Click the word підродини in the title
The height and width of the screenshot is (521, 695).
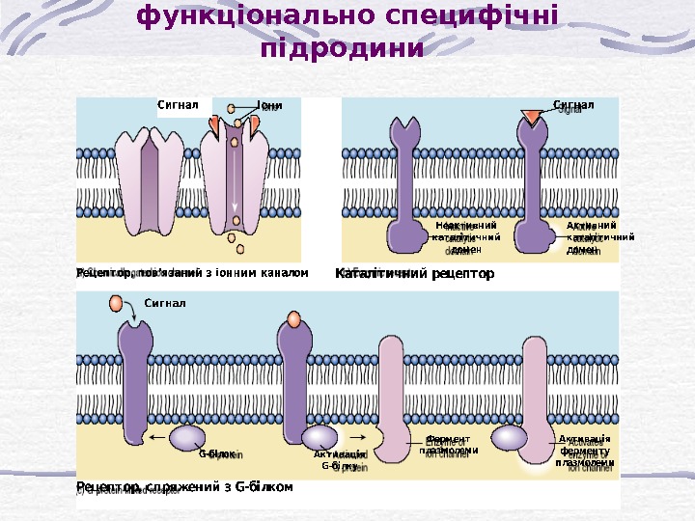[342, 47]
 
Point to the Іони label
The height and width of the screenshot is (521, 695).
[269, 104]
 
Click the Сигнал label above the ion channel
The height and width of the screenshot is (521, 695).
[178, 104]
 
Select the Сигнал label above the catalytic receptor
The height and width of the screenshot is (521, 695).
[572, 104]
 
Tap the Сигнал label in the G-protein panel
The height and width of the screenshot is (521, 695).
[164, 303]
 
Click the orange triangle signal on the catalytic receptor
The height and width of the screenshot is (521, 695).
[531, 117]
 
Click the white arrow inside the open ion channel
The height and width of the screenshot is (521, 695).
[235, 183]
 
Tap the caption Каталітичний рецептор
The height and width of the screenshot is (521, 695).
[414, 274]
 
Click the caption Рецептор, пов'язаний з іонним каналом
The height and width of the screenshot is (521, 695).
[192, 273]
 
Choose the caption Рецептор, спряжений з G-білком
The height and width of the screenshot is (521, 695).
[184, 487]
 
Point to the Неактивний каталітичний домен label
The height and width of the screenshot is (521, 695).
[466, 236]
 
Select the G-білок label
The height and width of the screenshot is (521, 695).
[217, 452]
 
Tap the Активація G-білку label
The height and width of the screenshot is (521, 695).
[339, 459]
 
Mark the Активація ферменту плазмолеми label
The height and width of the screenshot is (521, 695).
[585, 451]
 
